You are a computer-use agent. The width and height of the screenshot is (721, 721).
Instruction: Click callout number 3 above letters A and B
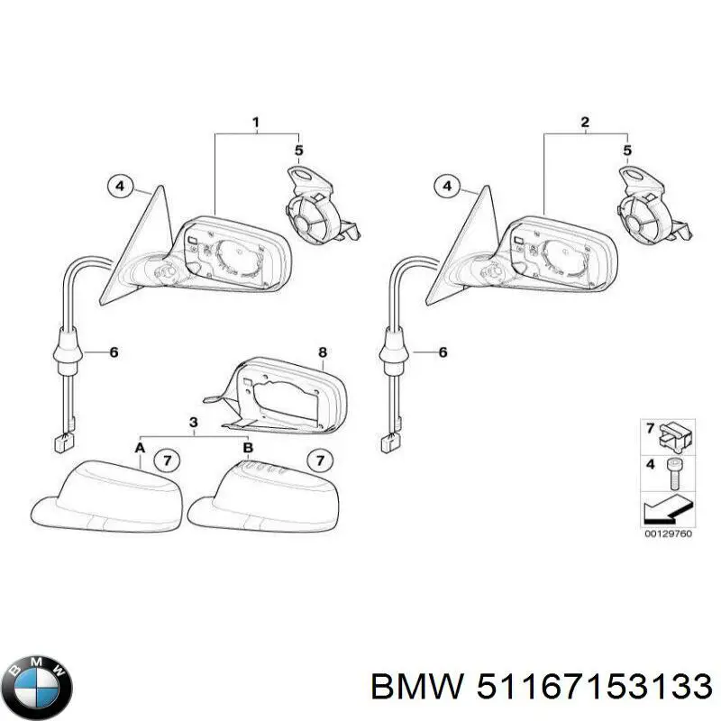(193, 423)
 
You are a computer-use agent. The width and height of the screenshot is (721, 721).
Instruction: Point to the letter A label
(140, 447)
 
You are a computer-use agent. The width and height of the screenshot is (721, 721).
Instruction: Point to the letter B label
(248, 447)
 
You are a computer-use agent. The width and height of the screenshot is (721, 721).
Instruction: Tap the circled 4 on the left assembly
(117, 187)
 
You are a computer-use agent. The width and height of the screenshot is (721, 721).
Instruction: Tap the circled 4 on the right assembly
(445, 187)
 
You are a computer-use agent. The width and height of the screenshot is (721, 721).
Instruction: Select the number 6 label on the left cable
(114, 352)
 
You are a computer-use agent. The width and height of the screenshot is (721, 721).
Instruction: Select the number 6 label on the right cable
(442, 352)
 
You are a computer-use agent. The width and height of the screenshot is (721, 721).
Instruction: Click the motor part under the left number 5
(315, 212)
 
